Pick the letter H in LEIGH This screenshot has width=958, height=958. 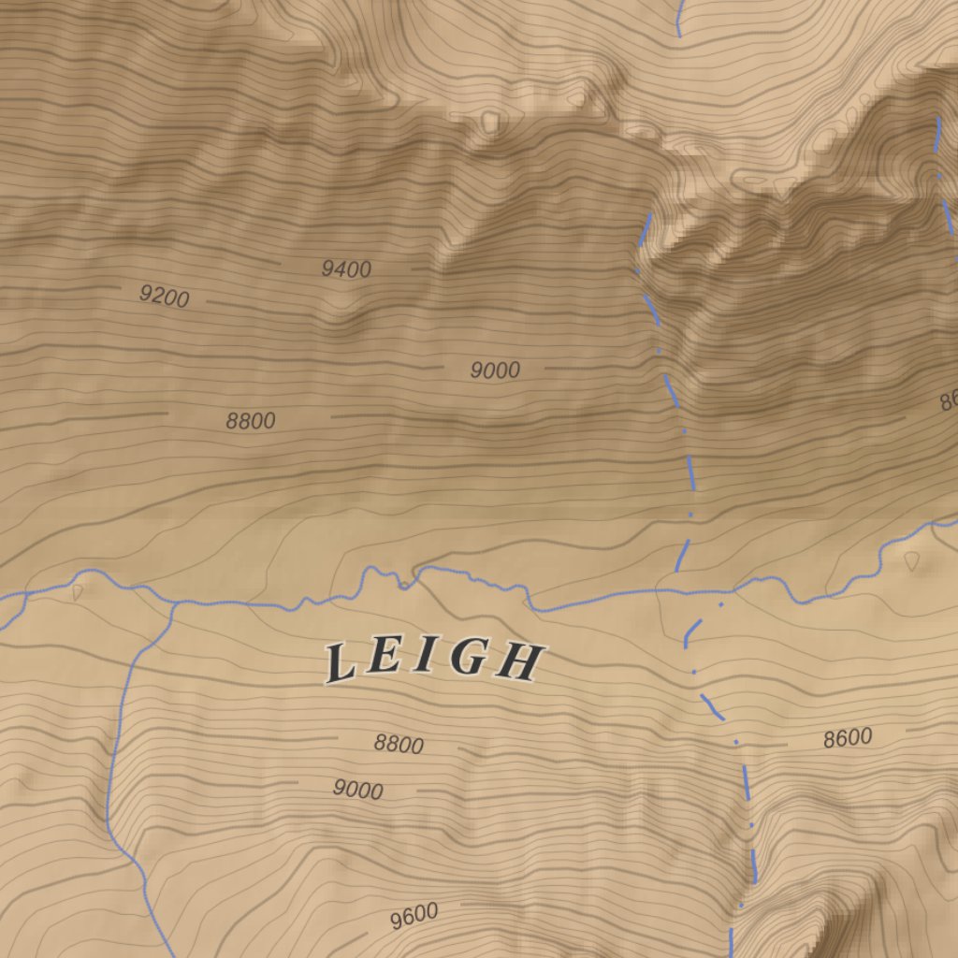point(520,663)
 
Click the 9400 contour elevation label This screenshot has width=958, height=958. point(346,269)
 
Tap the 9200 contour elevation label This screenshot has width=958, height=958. point(165,297)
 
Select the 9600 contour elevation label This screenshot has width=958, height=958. point(414,916)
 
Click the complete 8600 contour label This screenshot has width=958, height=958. point(848,738)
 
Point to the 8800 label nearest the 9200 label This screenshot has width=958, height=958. point(251,421)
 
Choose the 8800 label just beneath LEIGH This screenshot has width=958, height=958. point(399,745)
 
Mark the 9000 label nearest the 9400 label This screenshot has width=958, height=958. point(494,370)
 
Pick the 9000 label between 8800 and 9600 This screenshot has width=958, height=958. point(357,791)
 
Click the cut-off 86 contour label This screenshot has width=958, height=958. point(948,401)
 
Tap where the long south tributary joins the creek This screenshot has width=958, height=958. point(174,605)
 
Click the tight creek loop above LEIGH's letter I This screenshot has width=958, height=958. point(402,585)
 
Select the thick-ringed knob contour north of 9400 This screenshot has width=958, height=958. point(489,121)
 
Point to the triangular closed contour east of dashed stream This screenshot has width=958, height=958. point(912,560)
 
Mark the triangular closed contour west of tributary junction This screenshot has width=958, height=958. point(77,592)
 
